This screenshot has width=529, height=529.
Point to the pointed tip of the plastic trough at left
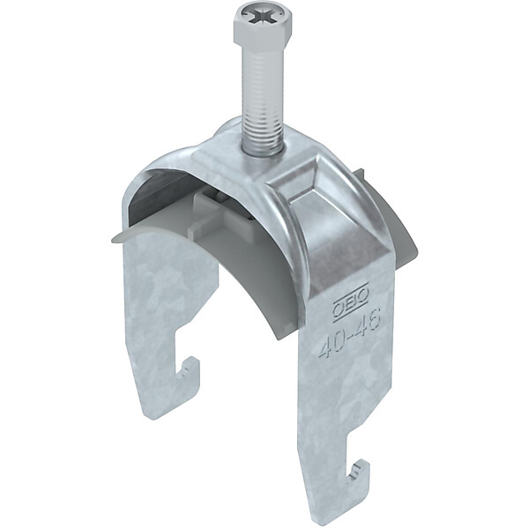(112, 239)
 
